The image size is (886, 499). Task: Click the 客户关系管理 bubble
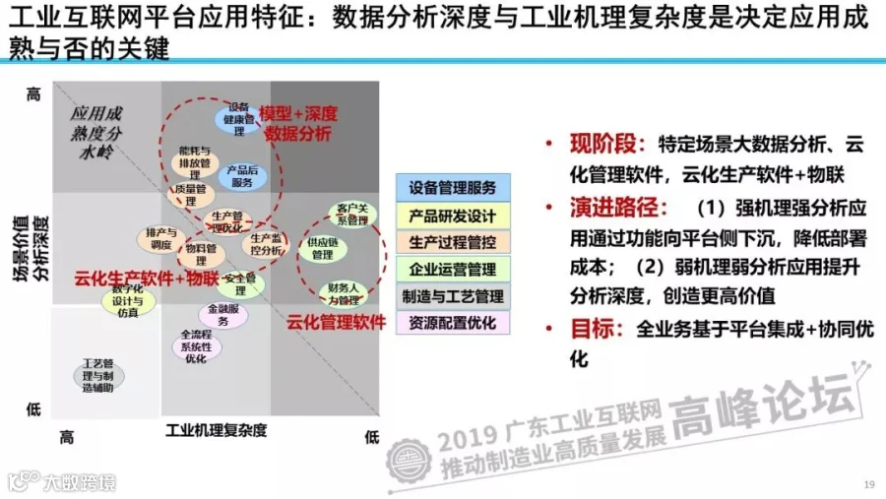(x=351, y=214)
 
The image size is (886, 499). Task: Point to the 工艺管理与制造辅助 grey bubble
(x=98, y=376)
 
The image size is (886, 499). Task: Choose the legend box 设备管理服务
(x=453, y=188)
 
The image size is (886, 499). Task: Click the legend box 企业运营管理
(x=453, y=269)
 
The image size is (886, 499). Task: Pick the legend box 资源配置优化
(x=453, y=322)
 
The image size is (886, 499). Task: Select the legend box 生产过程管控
(x=453, y=242)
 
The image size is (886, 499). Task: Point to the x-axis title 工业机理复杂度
(x=217, y=431)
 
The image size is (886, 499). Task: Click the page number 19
(x=868, y=483)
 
